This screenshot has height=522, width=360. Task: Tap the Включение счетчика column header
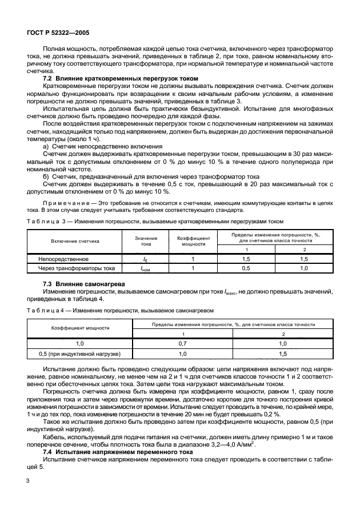(x=75, y=241)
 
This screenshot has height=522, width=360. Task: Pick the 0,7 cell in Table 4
(x=183, y=344)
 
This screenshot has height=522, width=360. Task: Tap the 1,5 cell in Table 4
(x=281, y=354)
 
